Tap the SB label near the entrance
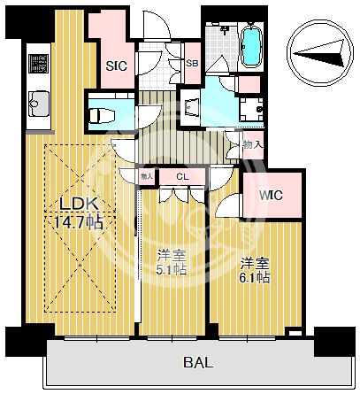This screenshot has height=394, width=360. pos(192,62)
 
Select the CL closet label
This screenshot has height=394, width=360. pos(181,177)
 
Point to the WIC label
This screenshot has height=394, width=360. pos(271,196)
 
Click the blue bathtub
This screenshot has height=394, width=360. pos(250,45)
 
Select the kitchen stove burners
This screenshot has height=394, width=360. pos(39,63)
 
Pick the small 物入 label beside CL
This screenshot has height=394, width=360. pos(148,177)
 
